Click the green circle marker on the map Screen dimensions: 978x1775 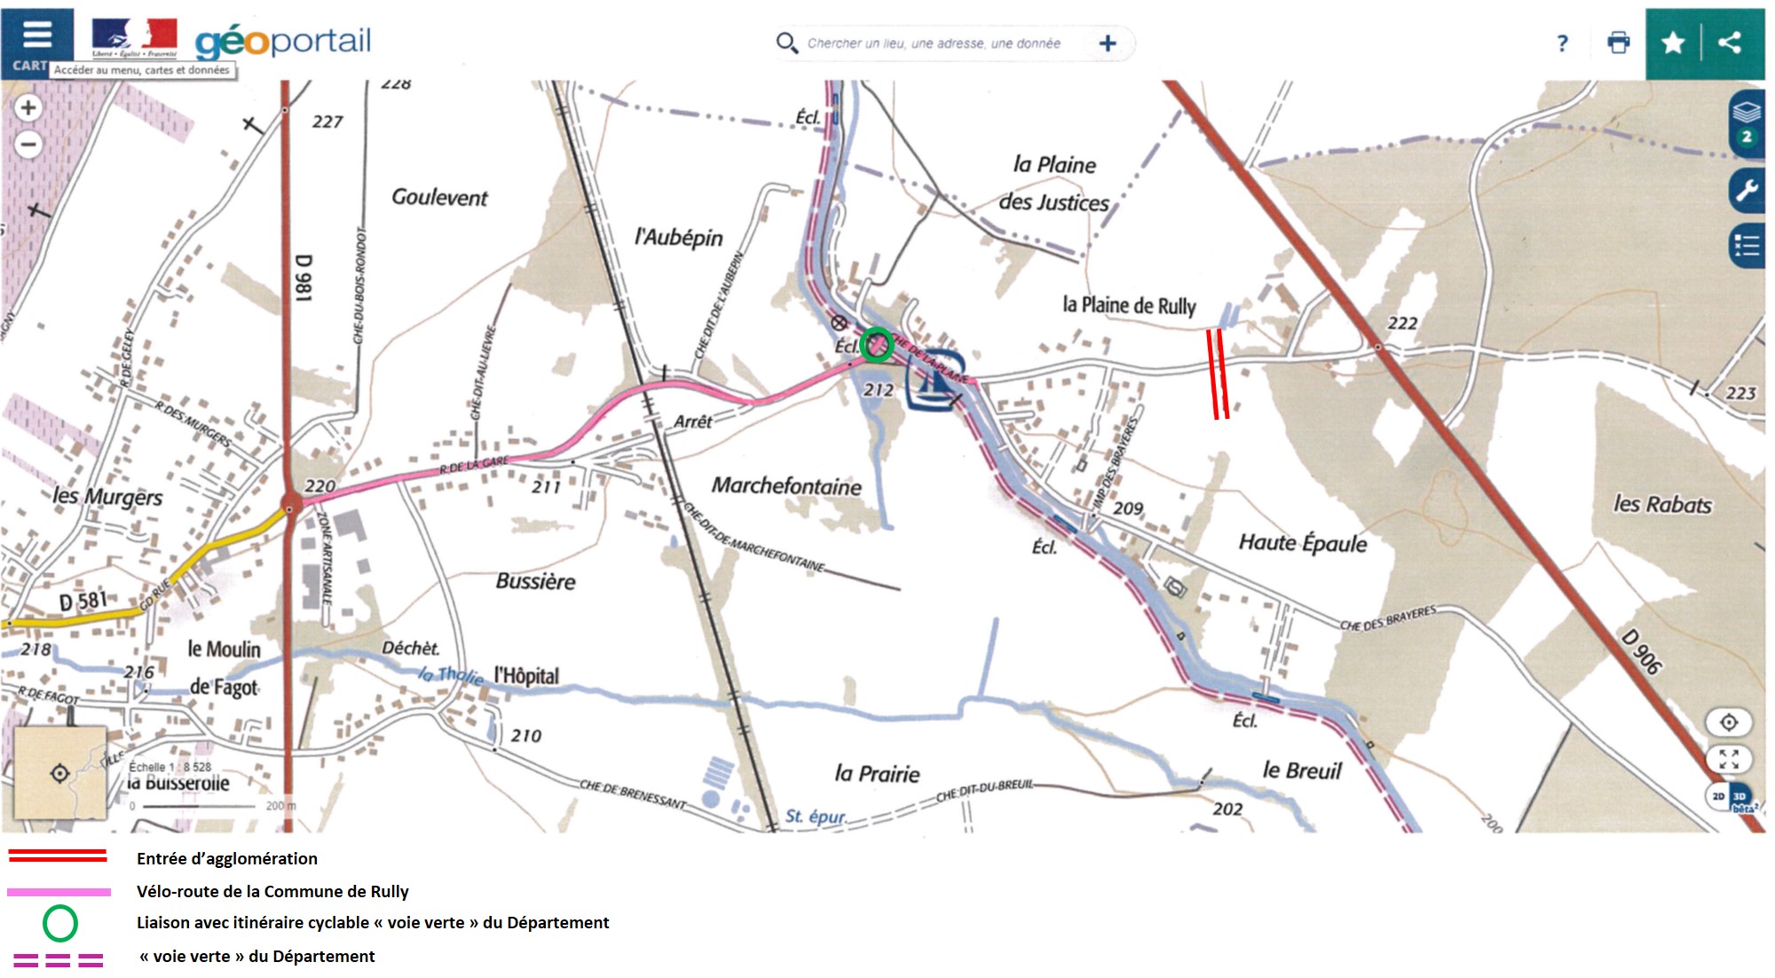(x=877, y=344)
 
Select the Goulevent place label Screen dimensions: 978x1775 (x=439, y=197)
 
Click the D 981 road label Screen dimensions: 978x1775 (x=304, y=278)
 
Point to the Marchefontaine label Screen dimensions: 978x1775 (x=786, y=485)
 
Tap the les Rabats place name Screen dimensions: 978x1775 (x=1661, y=504)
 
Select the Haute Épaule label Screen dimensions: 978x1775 (x=1302, y=542)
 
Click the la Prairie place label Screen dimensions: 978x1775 (x=876, y=774)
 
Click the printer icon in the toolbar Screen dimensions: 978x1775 (x=1618, y=43)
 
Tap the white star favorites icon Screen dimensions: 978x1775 (x=1673, y=43)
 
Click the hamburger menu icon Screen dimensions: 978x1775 (x=36, y=35)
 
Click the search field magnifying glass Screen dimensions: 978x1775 (x=785, y=43)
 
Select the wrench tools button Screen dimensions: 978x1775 (x=1746, y=190)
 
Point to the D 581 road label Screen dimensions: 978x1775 (x=82, y=602)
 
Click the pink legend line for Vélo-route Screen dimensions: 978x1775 (x=59, y=891)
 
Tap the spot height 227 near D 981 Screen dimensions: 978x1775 (x=327, y=122)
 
